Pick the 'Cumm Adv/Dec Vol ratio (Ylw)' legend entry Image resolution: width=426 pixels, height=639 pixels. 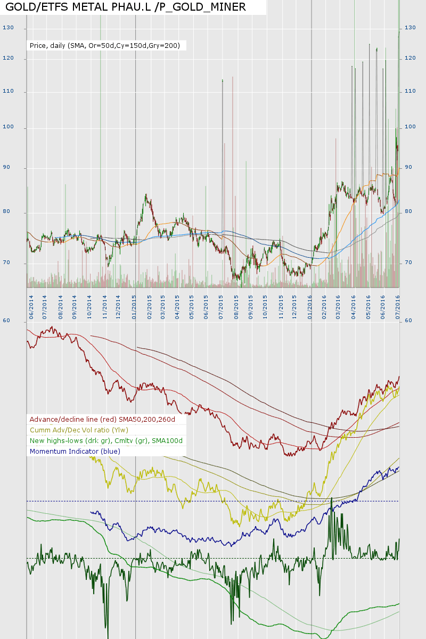click(79, 430)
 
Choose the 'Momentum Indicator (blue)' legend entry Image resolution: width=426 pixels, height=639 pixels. click(75, 451)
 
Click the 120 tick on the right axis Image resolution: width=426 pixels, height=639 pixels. click(410, 59)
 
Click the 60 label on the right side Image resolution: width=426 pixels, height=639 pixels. click(408, 321)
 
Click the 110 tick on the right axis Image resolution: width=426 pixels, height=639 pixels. click(410, 92)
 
